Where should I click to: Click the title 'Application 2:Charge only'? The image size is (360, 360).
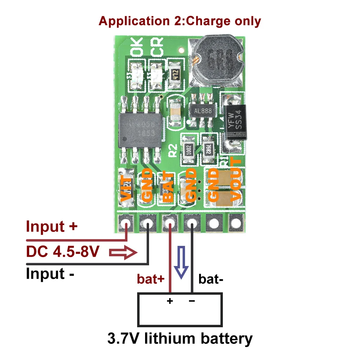(x=180, y=21)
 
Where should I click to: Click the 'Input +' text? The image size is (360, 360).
(x=51, y=227)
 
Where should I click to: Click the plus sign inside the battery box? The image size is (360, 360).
(x=170, y=301)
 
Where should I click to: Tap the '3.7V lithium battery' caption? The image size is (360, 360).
(x=180, y=338)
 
